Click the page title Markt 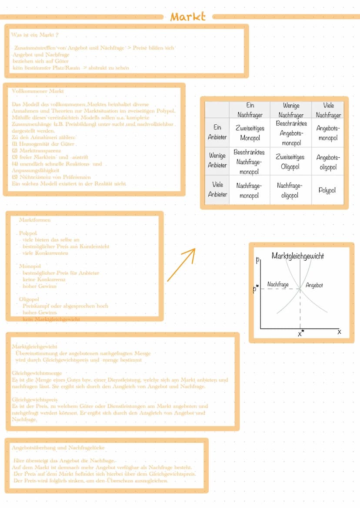pos(187,17)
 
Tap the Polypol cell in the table pos(327,190)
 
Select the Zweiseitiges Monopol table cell pos(250,133)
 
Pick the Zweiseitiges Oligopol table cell pos(290,162)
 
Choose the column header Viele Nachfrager pos(328,110)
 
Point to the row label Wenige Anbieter pos(217,160)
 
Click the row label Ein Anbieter pos(217,132)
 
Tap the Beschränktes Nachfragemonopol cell pos(249,162)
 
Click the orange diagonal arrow pos(181,265)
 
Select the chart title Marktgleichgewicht pos(297,256)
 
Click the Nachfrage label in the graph pos(278,285)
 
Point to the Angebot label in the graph pos(314,285)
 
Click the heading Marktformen pos(35,220)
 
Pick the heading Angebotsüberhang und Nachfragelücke pos(58,447)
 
